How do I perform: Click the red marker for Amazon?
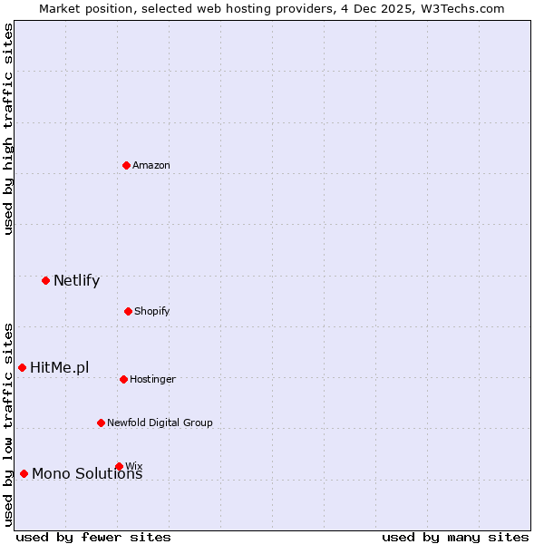tap(126, 165)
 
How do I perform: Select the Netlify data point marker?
tap(45, 280)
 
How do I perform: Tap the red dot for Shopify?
tap(128, 311)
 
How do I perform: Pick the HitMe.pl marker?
tap(22, 367)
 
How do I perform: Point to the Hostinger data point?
tap(123, 379)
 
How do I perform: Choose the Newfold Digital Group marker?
tap(101, 423)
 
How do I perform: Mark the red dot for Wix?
tap(119, 466)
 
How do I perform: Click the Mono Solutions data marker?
tap(24, 473)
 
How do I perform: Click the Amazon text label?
tap(151, 165)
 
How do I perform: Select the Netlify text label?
tap(76, 280)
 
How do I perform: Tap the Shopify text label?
tap(152, 311)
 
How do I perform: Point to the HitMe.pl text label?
tap(60, 367)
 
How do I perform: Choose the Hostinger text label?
tap(152, 379)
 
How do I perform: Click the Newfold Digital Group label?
tap(160, 423)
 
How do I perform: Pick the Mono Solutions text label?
tap(87, 474)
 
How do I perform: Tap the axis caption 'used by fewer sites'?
tap(93, 537)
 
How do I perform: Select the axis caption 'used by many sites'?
tap(455, 537)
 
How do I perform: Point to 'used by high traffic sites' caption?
tap(8, 129)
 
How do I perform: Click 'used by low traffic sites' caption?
tap(8, 423)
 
